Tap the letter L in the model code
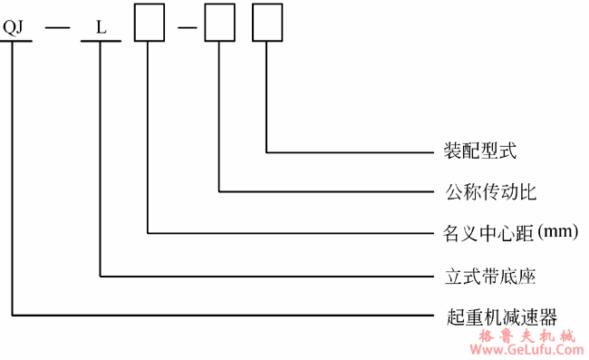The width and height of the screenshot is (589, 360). (101, 26)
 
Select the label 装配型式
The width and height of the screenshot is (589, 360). (481, 150)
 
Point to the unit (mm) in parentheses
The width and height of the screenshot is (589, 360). (557, 233)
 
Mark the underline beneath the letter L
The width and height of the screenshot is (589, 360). (101, 42)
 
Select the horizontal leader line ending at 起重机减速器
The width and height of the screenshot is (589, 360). (227, 316)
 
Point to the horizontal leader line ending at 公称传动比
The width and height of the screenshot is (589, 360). (326, 192)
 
